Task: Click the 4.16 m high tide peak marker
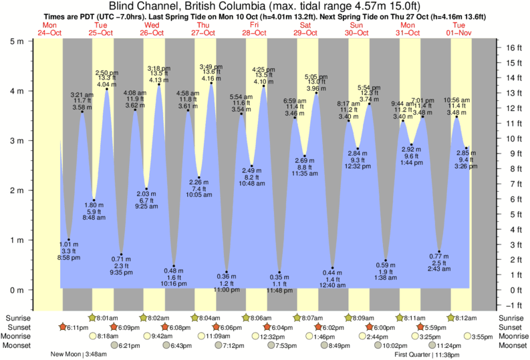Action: pos(212,83)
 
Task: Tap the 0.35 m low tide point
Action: pos(279,273)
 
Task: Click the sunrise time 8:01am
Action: pos(107,318)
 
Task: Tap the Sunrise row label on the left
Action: pos(17,318)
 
